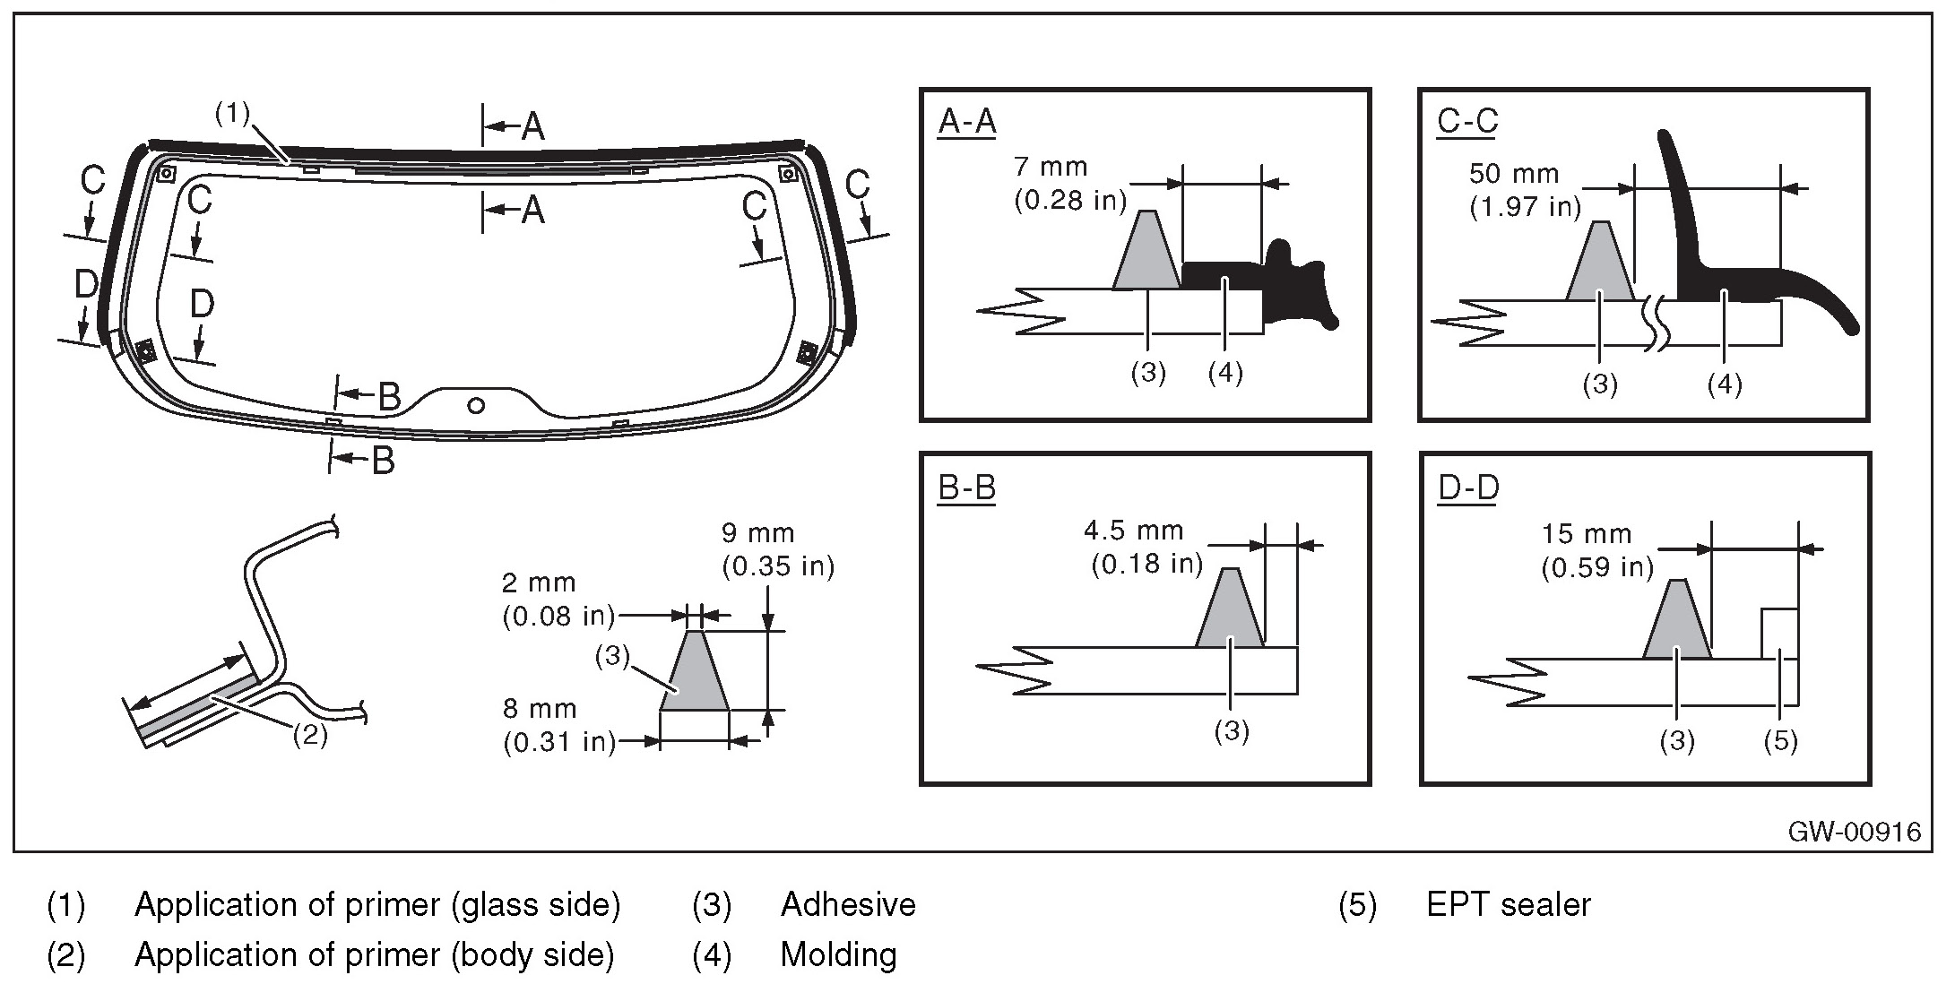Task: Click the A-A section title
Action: click(x=966, y=122)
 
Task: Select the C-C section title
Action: click(x=1466, y=122)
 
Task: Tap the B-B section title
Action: click(x=966, y=488)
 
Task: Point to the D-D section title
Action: click(x=1467, y=488)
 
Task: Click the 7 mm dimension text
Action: click(x=1051, y=167)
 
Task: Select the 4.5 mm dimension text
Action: click(x=1134, y=531)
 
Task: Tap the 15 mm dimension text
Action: click(x=1587, y=534)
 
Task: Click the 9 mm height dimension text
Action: click(x=757, y=533)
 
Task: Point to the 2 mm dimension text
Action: click(x=538, y=583)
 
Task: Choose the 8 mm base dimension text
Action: click(x=538, y=709)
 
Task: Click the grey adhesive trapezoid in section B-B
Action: click(x=1230, y=614)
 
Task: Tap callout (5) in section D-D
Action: click(x=1780, y=741)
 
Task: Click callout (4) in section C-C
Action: click(x=1725, y=384)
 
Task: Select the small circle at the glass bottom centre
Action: click(x=477, y=406)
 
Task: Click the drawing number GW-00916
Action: click(x=1854, y=833)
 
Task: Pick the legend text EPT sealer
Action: click(x=1509, y=905)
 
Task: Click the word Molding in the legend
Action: click(x=838, y=955)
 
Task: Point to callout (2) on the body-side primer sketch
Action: click(x=310, y=736)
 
